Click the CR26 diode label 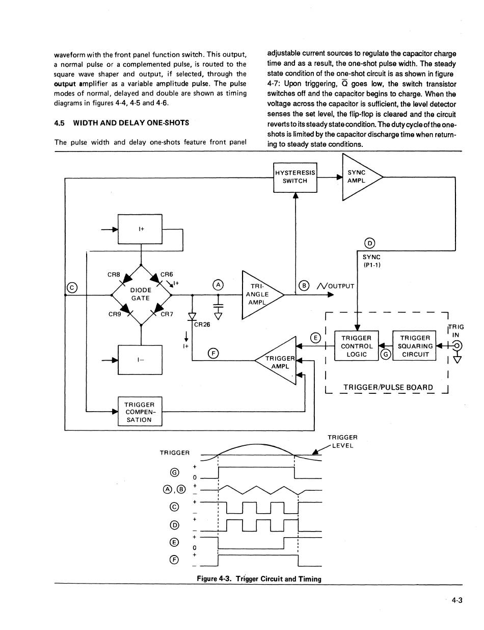pyautogui.click(x=202, y=324)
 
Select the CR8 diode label pyautogui.click(x=114, y=274)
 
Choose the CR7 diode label pyautogui.click(x=167, y=314)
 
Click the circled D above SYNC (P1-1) pyautogui.click(x=370, y=243)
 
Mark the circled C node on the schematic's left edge pyautogui.click(x=72, y=288)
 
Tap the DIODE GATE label pyautogui.click(x=141, y=294)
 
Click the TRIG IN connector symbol pyautogui.click(x=458, y=345)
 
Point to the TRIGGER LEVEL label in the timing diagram pyautogui.click(x=343, y=441)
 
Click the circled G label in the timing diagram pyautogui.click(x=175, y=472)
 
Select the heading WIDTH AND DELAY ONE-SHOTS pyautogui.click(x=131, y=123)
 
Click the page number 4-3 pyautogui.click(x=457, y=600)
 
